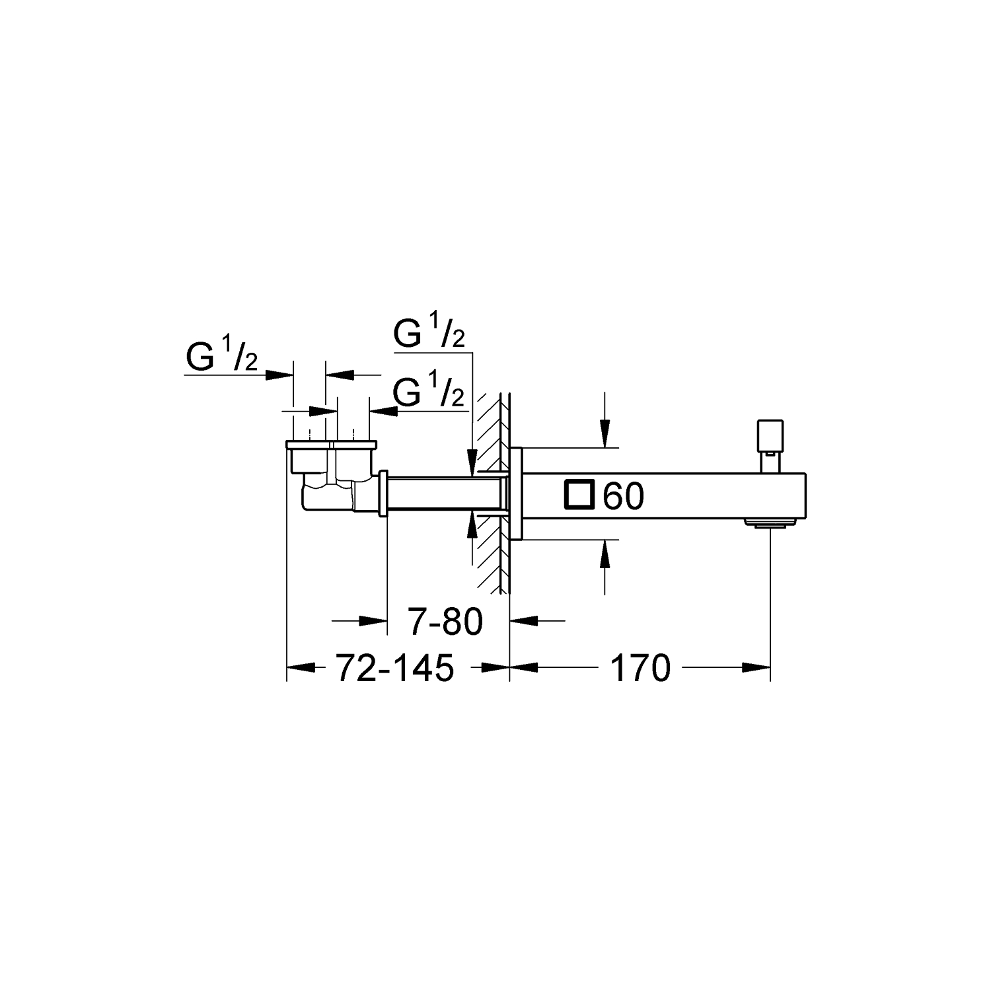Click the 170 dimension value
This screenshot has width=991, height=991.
tap(640, 668)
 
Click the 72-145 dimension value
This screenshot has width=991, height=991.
tap(395, 668)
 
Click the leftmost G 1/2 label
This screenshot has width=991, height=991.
tap(221, 357)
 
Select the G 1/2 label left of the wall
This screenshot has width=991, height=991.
tap(429, 393)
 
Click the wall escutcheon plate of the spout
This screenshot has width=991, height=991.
tap(517, 494)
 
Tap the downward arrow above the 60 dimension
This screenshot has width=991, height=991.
tap(605, 437)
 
